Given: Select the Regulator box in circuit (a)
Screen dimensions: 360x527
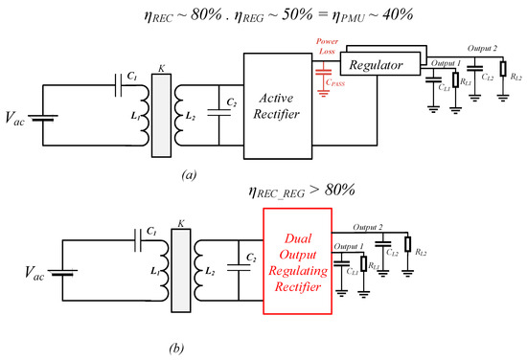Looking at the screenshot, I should coord(380,64).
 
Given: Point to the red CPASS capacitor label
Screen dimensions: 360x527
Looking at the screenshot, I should coord(339,84).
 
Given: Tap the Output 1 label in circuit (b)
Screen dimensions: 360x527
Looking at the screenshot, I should coord(347,246).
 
